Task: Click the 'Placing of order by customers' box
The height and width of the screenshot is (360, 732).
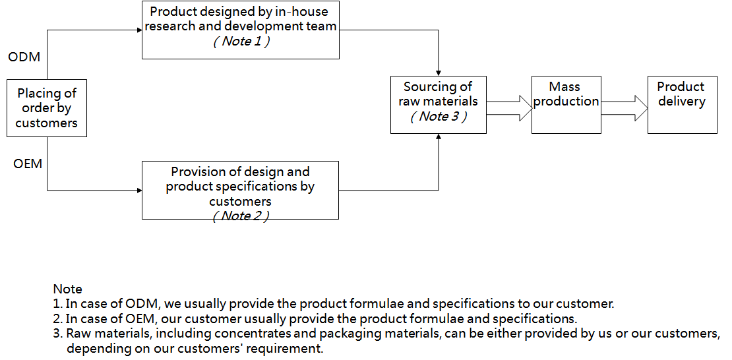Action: tap(46, 108)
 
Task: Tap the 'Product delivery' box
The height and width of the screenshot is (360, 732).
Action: tap(681, 104)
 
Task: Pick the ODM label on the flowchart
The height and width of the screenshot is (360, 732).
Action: tap(24, 57)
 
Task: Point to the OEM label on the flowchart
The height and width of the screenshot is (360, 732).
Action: tap(28, 164)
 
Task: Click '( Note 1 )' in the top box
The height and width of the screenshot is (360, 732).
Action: tap(241, 42)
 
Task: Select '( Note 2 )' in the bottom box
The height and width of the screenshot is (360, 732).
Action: tap(241, 216)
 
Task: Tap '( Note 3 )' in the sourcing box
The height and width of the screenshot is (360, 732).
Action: tap(439, 117)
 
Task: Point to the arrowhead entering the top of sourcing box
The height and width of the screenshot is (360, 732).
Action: tap(439, 73)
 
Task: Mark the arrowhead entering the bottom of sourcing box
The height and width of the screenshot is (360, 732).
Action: tap(439, 137)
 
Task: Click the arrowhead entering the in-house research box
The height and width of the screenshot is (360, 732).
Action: tap(138, 29)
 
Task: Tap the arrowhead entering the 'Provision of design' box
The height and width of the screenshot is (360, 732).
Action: tap(138, 190)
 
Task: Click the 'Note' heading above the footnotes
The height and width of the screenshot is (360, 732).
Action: tap(67, 289)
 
